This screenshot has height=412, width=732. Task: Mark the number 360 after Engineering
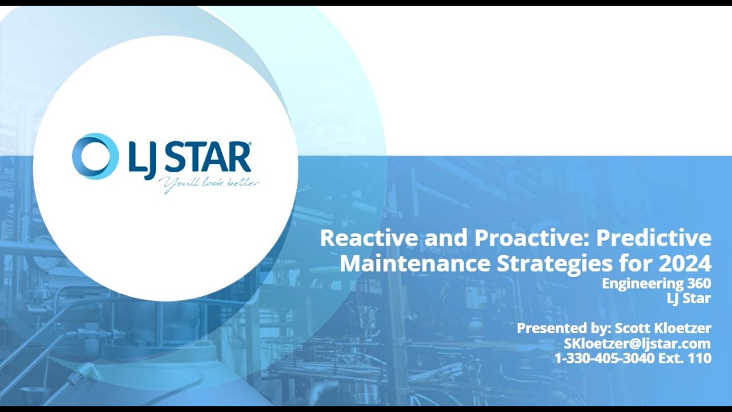point(698,284)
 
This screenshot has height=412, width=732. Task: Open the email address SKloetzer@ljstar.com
point(637,343)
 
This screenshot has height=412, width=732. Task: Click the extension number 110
point(701,358)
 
